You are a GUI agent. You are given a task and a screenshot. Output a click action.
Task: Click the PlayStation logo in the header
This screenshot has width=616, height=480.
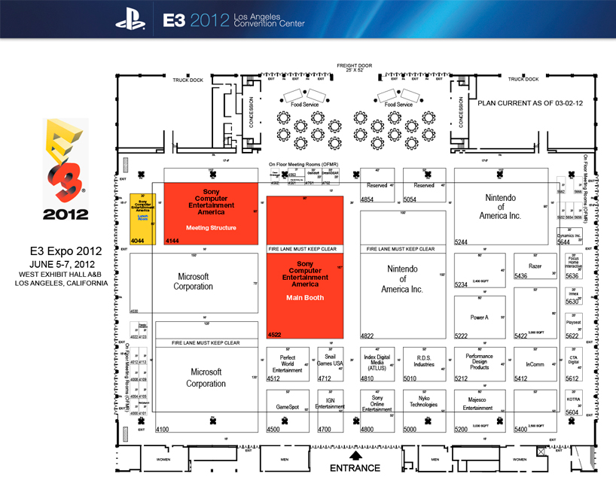click(x=131, y=18)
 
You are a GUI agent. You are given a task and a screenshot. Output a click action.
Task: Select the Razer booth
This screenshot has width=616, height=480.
click(x=535, y=266)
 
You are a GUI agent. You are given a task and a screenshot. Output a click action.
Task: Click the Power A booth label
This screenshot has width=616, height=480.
click(x=479, y=317)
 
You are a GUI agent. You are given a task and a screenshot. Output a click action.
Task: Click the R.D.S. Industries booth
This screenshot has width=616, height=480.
click(x=424, y=361)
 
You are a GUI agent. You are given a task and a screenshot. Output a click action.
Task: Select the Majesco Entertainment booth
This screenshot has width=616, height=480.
click(x=477, y=405)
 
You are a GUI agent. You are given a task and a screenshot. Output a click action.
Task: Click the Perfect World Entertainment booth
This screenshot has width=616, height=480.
click(x=287, y=363)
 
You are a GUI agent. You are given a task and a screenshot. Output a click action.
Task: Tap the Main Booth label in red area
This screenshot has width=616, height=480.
click(x=305, y=296)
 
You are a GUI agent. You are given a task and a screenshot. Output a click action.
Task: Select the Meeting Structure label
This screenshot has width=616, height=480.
click(x=211, y=228)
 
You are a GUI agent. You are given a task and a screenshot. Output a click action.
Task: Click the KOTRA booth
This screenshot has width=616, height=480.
click(x=574, y=399)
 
